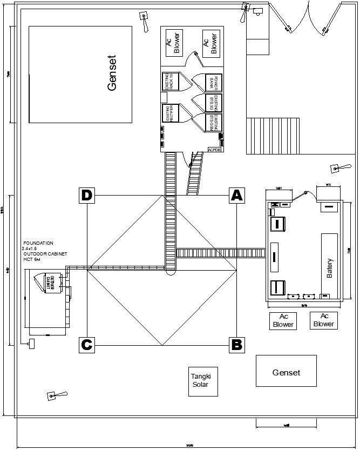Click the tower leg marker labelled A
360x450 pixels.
coord(236,196)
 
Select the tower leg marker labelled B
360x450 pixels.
coord(236,344)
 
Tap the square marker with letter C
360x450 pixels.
coord(87,344)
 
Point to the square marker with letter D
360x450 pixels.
coord(87,196)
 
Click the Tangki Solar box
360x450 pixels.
coord(203,380)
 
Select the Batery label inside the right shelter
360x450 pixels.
coord(329,268)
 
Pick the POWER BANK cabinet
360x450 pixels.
coord(213,83)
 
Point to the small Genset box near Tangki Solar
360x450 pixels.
coord(286,372)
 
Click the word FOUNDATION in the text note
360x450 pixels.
coord(38,244)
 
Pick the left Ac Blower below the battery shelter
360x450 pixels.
coord(283,321)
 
